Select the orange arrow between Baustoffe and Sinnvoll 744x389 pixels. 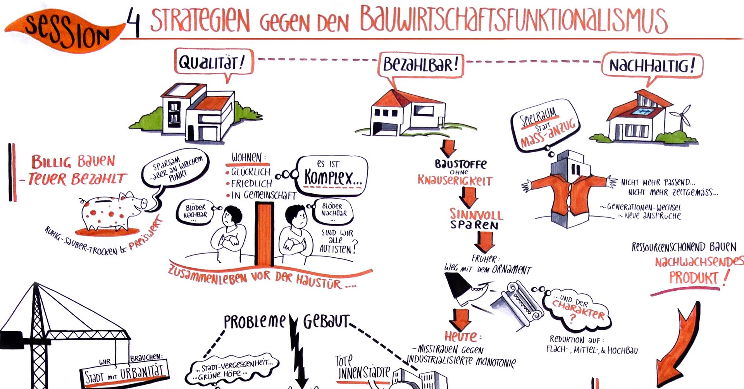pyautogui.click(x=469, y=197)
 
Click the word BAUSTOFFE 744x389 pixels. pyautogui.click(x=460, y=164)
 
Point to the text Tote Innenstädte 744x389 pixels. pyautogui.click(x=362, y=367)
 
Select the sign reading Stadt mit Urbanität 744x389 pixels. pyautogui.click(x=126, y=374)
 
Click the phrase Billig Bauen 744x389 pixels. pyautogui.click(x=73, y=161)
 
